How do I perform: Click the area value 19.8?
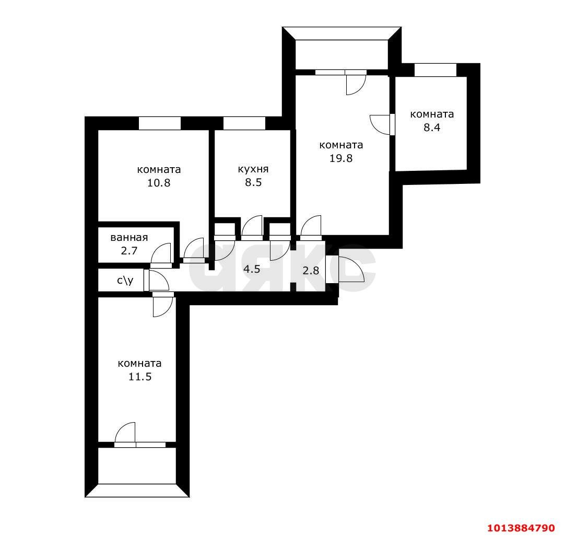click(340, 158)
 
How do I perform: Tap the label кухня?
click(253, 169)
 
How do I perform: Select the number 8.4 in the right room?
click(432, 127)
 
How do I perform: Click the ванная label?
click(129, 237)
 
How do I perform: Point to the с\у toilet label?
click(125, 281)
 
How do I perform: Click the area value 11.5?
click(139, 376)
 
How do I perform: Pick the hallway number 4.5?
click(252, 270)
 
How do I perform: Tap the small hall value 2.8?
click(311, 271)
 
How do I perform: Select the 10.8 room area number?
click(159, 183)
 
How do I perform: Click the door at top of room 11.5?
click(162, 306)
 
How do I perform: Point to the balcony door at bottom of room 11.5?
click(126, 433)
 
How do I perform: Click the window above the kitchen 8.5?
click(244, 123)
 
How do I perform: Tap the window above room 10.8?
click(160, 123)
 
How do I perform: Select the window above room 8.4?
click(435, 70)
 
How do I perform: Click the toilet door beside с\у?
click(158, 281)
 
